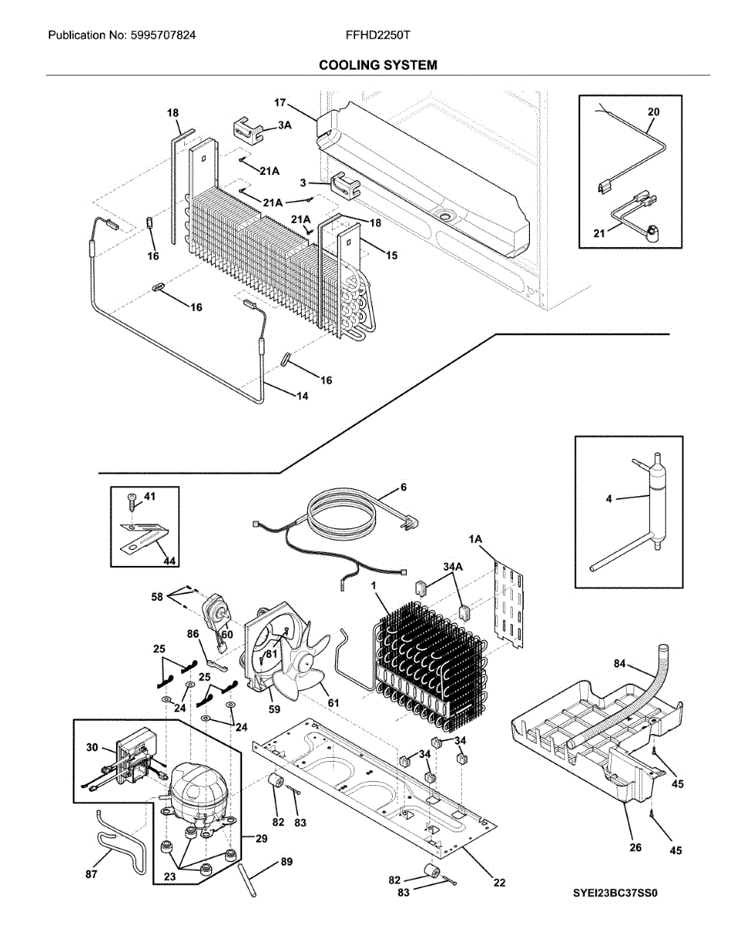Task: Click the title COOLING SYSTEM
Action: [378, 65]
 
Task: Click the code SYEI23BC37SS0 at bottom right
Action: [614, 893]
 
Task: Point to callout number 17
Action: [280, 102]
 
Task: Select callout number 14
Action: [301, 396]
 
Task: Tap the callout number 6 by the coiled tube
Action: [403, 487]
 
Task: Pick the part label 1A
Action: [475, 537]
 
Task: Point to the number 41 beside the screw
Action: [149, 497]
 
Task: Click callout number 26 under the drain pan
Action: [635, 847]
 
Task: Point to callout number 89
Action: [286, 862]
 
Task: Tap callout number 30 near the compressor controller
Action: [92, 748]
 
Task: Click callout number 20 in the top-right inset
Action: [653, 112]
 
